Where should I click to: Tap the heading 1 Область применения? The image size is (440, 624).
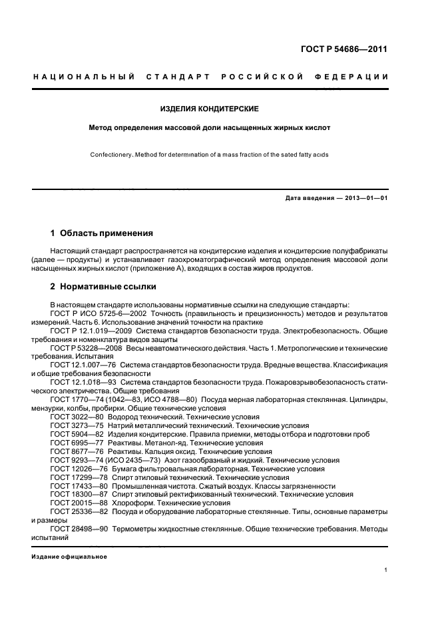pyautogui.click(x=102, y=233)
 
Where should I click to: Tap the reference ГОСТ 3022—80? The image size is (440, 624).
pyautogui.click(x=73, y=416)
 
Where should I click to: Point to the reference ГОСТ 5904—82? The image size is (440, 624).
pyautogui.click(x=73, y=433)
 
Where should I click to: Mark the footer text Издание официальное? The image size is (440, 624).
pyautogui.click(x=64, y=556)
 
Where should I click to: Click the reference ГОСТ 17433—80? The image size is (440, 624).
pyautogui.click(x=76, y=486)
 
